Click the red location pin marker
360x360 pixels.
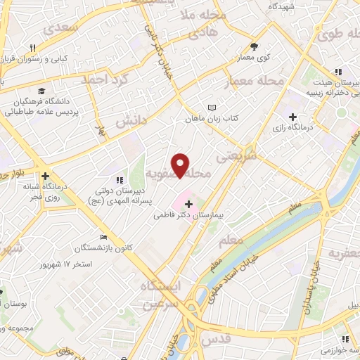(180, 165)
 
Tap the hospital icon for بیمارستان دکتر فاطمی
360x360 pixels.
(188, 204)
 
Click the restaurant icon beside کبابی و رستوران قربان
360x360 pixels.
(32, 48)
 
